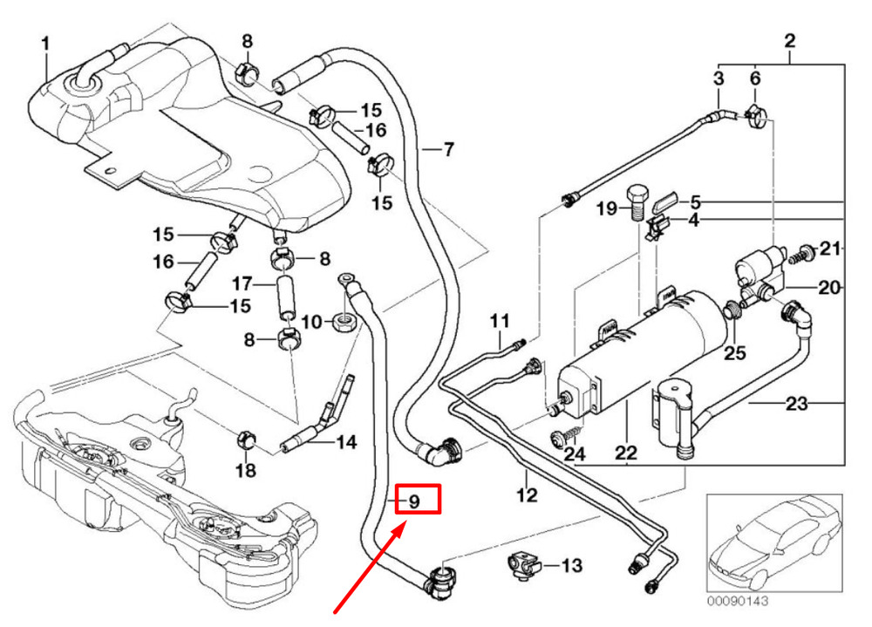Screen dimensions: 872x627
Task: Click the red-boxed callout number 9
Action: click(x=413, y=501)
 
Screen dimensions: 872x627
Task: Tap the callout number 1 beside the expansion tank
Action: click(x=45, y=44)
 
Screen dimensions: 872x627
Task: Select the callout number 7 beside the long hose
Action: click(x=448, y=149)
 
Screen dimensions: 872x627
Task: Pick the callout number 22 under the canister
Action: click(x=625, y=453)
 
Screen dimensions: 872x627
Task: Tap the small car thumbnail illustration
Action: click(x=774, y=542)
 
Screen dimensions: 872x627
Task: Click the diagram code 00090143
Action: click(x=738, y=601)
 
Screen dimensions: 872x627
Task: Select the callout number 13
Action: click(x=571, y=566)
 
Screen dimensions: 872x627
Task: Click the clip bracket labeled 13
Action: click(x=523, y=565)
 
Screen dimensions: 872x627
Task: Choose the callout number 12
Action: click(x=527, y=494)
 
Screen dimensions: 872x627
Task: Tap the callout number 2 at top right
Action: click(x=790, y=41)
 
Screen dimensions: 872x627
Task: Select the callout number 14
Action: click(x=346, y=442)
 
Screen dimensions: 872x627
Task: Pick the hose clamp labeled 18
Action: click(x=246, y=440)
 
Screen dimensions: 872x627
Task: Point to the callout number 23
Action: click(x=796, y=403)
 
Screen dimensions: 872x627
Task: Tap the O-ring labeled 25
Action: click(x=732, y=310)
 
